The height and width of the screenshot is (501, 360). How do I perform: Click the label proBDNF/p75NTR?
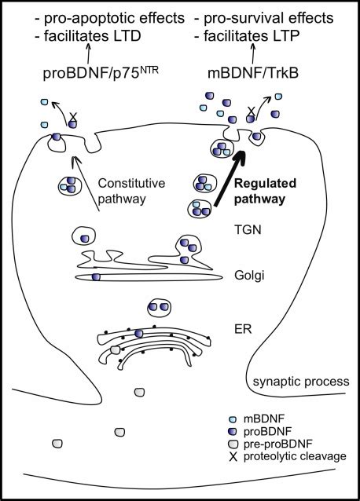pyautogui.click(x=101, y=72)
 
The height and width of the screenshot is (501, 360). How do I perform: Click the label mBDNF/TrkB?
pyautogui.click(x=253, y=73)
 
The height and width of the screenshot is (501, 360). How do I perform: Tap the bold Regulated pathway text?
pyautogui.click(x=266, y=191)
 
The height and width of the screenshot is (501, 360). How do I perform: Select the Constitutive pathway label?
pyautogui.click(x=131, y=191)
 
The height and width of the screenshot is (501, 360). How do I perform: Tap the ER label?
pyautogui.click(x=243, y=328)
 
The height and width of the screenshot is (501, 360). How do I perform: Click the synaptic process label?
pyautogui.click(x=301, y=382)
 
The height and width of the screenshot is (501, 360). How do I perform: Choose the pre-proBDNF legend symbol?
pyautogui.click(x=233, y=444)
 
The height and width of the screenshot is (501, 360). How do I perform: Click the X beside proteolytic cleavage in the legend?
pyautogui.click(x=233, y=457)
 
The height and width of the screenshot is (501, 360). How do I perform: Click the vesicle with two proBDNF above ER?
pyautogui.click(x=159, y=307)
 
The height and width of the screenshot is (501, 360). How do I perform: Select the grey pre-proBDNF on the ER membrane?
pyautogui.click(x=115, y=350)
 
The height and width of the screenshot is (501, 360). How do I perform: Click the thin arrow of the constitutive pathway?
pyautogui.click(x=86, y=184)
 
